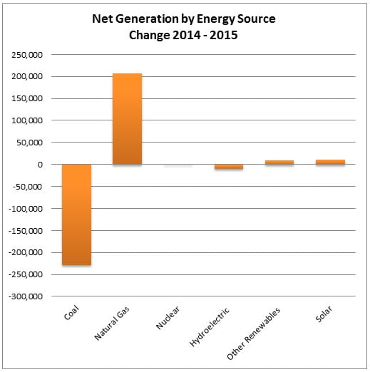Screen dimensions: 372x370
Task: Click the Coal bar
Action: (x=76, y=215)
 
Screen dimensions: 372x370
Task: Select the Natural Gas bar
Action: (x=127, y=119)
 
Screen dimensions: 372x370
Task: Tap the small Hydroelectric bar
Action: (x=229, y=167)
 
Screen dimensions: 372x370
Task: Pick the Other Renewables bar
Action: (x=279, y=162)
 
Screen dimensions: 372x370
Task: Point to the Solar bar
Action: (x=330, y=162)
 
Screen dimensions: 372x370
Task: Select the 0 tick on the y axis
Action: (x=40, y=165)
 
